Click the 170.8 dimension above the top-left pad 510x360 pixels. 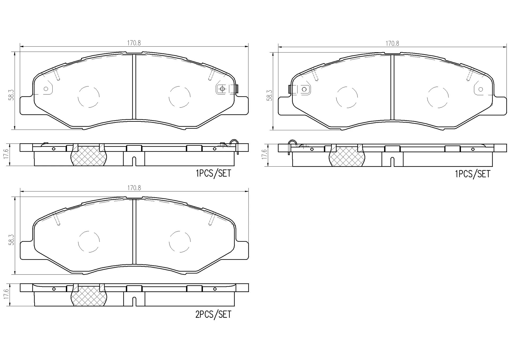(x=134, y=43)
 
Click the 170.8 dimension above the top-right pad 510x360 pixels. (x=392, y=44)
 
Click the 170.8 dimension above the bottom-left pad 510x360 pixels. (x=134, y=188)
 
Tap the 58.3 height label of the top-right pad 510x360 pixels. (x=270, y=95)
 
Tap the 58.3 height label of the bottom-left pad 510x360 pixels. (x=11, y=240)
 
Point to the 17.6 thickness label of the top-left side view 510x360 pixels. (x=6, y=154)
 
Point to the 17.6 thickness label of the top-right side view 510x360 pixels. (x=264, y=154)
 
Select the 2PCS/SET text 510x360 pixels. (x=213, y=314)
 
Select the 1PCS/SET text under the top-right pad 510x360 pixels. (x=473, y=174)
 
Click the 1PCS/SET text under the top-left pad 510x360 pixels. (x=213, y=174)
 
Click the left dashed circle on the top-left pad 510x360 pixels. (x=89, y=97)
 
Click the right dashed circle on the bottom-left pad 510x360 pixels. (x=180, y=241)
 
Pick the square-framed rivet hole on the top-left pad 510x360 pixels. (x=222, y=89)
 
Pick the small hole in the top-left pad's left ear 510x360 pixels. (x=46, y=89)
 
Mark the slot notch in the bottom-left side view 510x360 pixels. (x=134, y=301)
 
